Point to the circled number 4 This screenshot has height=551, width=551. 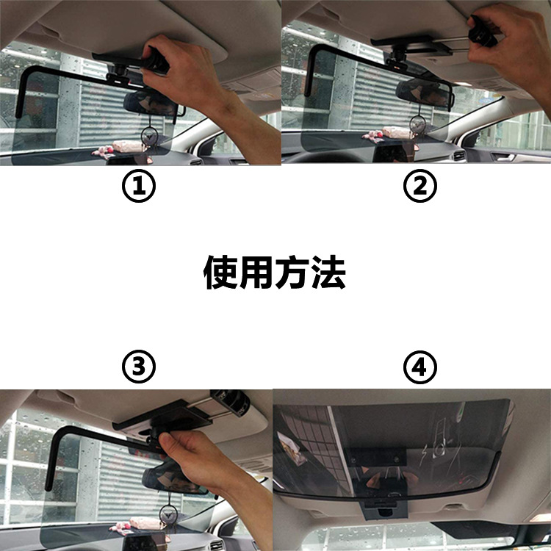tap(420, 367)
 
